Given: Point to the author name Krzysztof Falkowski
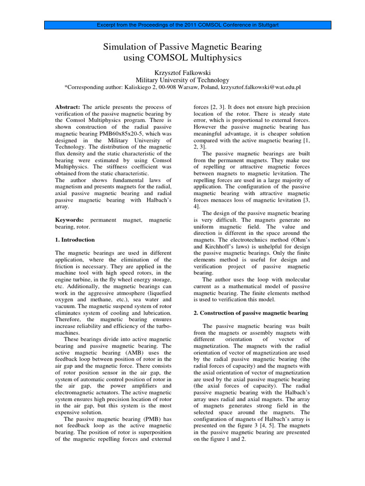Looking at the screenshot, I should pos(182,72).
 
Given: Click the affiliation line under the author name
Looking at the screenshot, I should pos(182,80).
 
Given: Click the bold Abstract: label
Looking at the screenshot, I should pos(68,107).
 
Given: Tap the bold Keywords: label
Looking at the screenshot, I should pos(69,220).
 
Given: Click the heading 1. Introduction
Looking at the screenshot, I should pos(75,240).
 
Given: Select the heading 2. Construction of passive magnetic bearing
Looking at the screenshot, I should pos(251,313).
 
